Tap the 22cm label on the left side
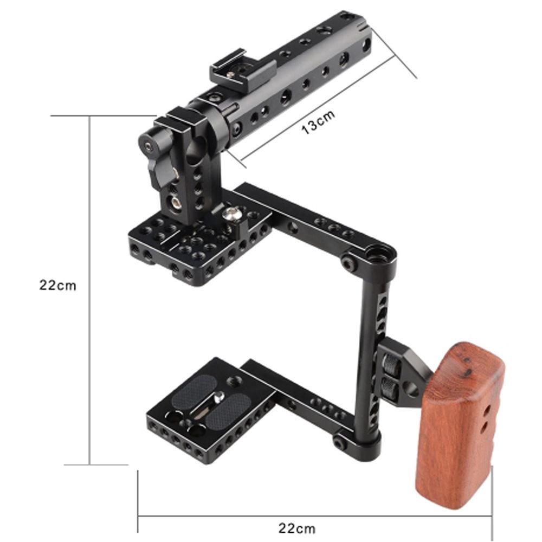57,286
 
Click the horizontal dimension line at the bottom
314,514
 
